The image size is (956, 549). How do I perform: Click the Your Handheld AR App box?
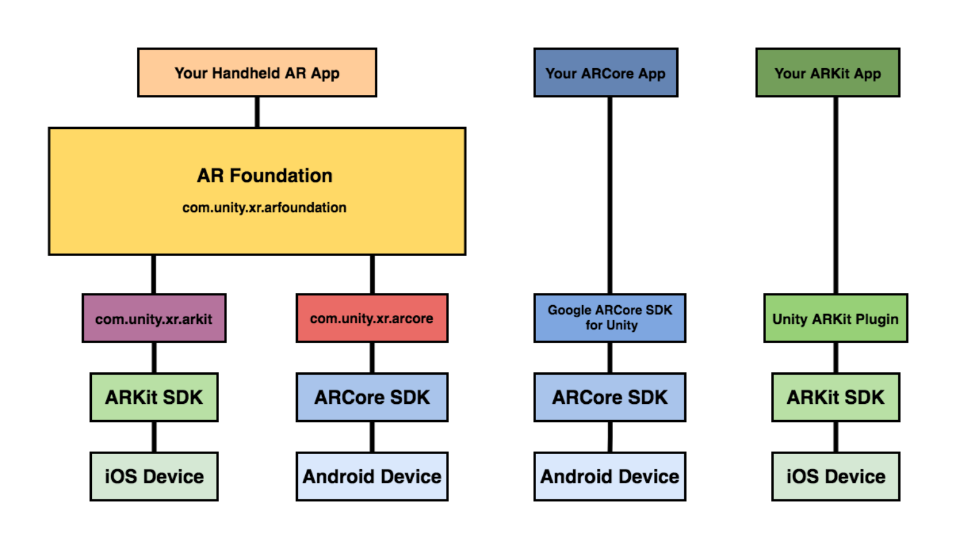257,73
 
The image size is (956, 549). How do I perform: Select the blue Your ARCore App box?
605,73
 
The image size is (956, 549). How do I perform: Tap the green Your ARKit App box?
828,73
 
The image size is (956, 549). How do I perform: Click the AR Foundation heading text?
264,176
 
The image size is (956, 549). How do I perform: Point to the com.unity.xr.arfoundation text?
264,208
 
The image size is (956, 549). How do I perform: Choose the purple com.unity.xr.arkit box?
154,318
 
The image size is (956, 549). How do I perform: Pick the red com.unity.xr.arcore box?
372,318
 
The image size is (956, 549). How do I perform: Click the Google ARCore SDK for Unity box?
610,318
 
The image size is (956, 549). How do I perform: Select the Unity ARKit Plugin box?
835,318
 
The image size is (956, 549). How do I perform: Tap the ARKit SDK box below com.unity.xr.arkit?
154,397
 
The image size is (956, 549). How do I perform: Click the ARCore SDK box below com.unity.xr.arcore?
372,397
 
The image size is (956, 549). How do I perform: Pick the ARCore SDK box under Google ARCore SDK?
610,397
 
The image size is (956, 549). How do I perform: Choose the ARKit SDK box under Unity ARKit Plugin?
836,397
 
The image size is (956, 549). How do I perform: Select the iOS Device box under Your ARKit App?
836,476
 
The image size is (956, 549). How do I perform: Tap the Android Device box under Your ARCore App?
610,476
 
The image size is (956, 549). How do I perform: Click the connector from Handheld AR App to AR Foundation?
257,112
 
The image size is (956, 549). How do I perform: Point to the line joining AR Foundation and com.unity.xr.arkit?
154,274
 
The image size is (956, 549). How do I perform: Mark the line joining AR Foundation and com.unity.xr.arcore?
372,274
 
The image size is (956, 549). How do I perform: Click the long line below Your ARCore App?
610,195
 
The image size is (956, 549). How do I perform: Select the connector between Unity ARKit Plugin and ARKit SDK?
836,358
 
